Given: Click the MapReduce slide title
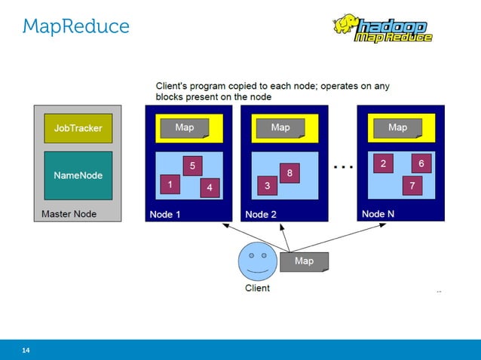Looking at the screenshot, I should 76,27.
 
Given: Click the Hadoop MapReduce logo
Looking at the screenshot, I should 382,29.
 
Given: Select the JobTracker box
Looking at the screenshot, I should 78,129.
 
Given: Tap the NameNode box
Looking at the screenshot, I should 78,175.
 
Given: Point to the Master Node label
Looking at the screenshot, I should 69,214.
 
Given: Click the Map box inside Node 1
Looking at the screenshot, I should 185,128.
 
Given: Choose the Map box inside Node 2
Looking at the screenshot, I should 281,128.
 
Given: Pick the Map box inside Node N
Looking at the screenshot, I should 398,128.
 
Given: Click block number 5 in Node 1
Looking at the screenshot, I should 192,166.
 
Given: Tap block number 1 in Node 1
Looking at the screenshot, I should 170,184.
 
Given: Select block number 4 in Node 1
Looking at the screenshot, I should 210,188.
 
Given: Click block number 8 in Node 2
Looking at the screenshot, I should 290,173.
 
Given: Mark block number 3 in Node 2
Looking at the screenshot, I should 267,185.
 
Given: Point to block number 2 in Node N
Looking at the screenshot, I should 384,163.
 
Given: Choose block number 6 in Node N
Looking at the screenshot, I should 421,163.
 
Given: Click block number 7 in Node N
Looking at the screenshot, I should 412,185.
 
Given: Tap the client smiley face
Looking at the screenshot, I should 257,261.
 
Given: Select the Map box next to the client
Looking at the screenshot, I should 305,261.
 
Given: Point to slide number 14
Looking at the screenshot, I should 26,350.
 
